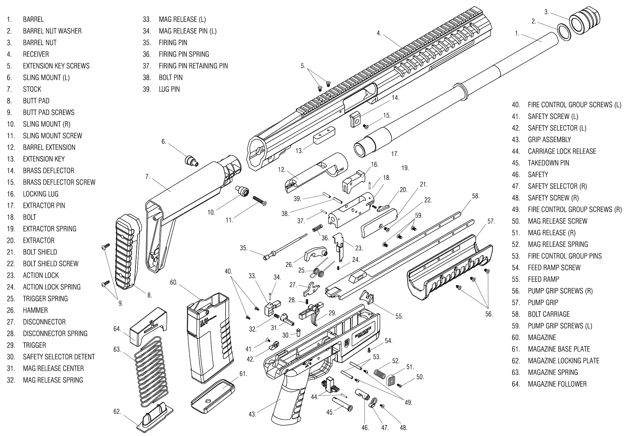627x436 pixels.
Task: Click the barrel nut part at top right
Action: click(584, 20)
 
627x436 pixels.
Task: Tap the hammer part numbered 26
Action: click(315, 253)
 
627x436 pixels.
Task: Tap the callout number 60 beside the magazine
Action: click(174, 283)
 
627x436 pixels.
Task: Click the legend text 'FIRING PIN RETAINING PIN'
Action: click(193, 66)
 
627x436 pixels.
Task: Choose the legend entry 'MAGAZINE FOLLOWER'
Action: click(557, 384)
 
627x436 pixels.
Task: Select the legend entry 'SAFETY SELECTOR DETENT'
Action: click(59, 357)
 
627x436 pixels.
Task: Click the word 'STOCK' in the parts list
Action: click(32, 89)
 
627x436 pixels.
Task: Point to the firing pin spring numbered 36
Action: click(318, 228)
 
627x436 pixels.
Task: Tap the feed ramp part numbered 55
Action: click(367, 296)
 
